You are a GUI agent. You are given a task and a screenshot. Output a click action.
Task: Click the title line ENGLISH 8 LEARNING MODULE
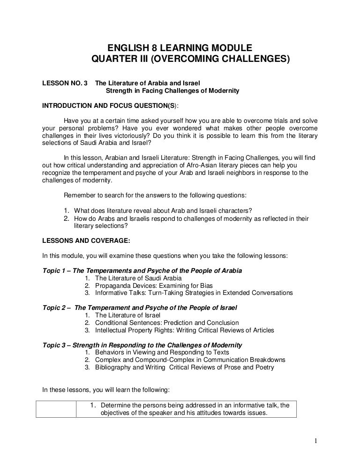180,48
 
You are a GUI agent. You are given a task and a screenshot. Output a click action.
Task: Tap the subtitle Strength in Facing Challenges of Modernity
172,90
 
